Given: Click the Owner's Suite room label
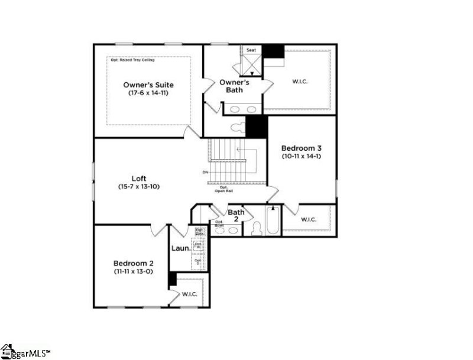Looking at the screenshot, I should (148, 85).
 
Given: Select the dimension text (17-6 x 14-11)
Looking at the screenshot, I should (148, 93).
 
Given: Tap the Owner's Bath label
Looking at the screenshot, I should (234, 86).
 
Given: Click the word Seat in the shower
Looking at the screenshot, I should (251, 50).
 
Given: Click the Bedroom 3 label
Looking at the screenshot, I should (302, 148).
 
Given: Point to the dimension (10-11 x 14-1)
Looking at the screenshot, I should (302, 157).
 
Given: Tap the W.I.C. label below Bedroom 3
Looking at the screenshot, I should (309, 220).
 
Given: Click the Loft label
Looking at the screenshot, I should (139, 179).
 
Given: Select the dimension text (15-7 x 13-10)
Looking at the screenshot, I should (139, 187).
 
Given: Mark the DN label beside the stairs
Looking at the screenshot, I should (205, 173).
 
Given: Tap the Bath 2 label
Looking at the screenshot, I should (236, 215).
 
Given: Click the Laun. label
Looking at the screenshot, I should (180, 249).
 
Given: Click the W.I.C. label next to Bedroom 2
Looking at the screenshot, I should (190, 294).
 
